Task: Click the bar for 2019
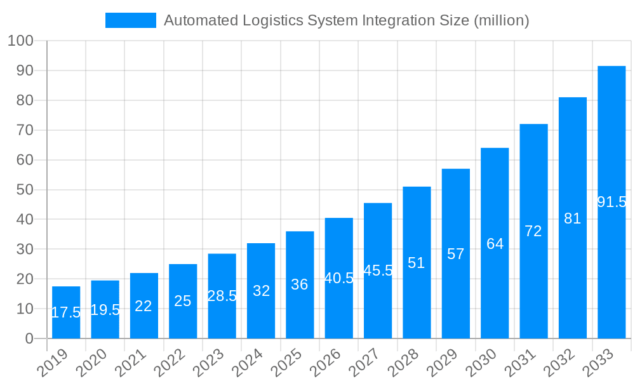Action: (66, 312)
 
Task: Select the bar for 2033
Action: (612, 202)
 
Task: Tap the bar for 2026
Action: (339, 278)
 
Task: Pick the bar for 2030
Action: (495, 243)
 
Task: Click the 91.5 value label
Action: (612, 202)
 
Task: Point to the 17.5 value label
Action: (66, 312)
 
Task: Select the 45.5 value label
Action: (378, 271)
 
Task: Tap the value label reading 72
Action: (533, 231)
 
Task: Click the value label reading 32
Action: (261, 291)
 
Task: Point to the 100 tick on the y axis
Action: (20, 41)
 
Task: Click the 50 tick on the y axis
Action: (25, 190)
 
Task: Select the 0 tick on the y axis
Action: (29, 338)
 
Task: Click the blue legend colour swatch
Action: (130, 20)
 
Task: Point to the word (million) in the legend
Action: (501, 20)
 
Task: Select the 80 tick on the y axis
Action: (25, 100)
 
